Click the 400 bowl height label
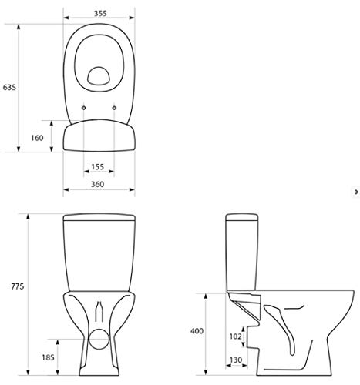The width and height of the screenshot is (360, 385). coord(198,330)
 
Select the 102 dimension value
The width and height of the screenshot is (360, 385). coord(235,335)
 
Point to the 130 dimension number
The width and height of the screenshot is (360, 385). coord(235,360)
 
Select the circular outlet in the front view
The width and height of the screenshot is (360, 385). coord(99,339)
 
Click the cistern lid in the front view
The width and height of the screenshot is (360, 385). coord(99,216)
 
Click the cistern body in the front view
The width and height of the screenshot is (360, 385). coord(99,254)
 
